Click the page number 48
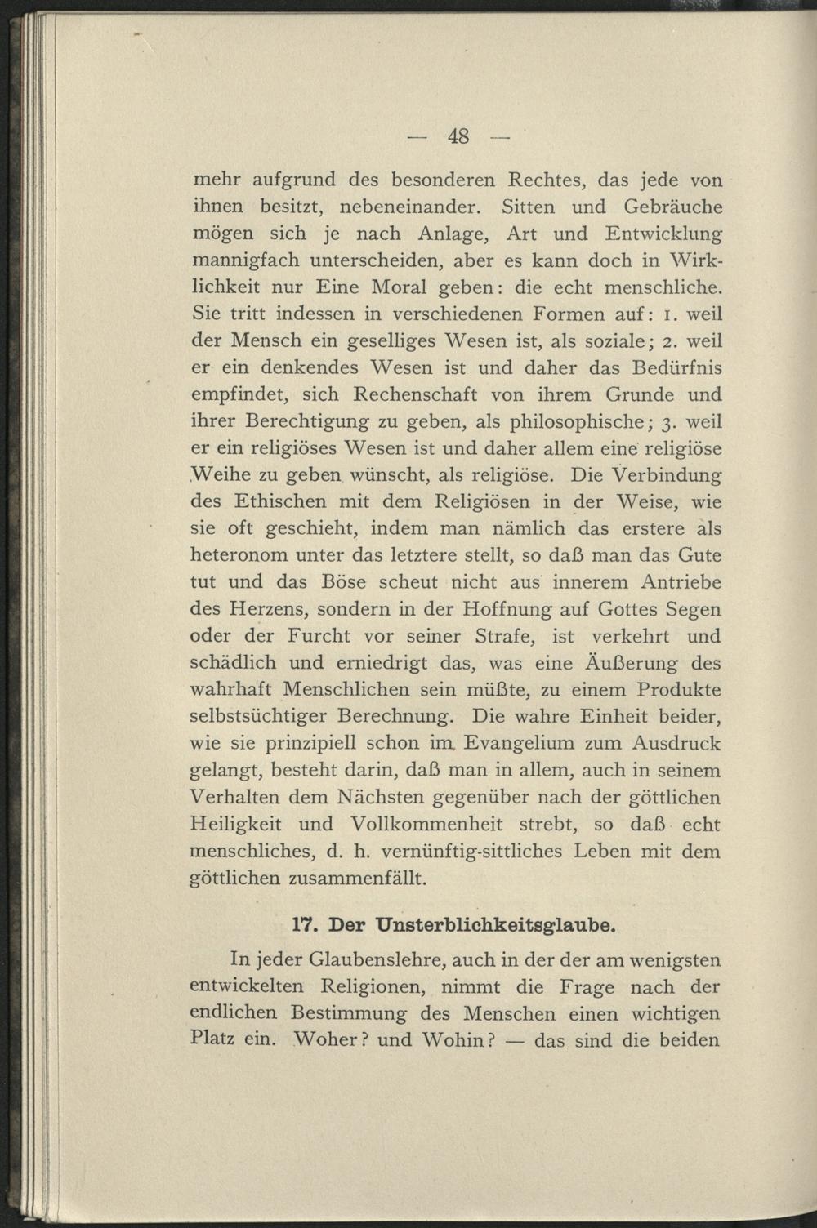tap(458, 136)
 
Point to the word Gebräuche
tap(664, 207)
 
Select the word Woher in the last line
tap(324, 1041)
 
